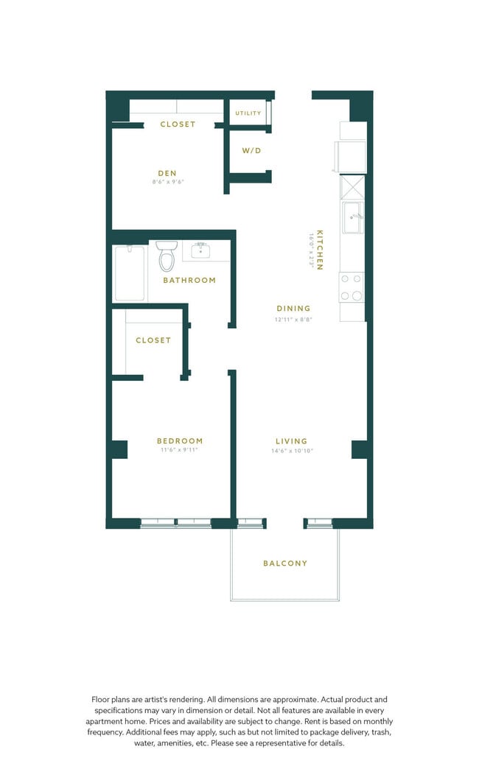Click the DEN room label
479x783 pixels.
coord(167,174)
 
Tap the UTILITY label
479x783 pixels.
coord(248,113)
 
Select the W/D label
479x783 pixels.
coord(251,151)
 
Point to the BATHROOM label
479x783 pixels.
coord(189,281)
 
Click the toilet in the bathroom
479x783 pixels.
coord(167,256)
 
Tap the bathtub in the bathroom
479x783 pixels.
coord(130,273)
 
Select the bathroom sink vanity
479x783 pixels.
coord(200,251)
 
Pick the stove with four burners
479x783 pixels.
coord(352,287)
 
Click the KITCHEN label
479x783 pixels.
coord(319,249)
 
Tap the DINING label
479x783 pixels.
coord(293,309)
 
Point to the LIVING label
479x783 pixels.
coord(292,441)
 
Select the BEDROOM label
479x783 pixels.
coord(180,441)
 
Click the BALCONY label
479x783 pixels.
coord(285,563)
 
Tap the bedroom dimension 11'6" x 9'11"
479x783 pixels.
coord(180,450)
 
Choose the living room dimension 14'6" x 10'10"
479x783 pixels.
coord(292,450)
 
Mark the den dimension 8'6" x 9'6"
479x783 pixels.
coord(167,182)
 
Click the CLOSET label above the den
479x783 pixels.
coord(178,124)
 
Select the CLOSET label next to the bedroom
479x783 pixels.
coord(153,340)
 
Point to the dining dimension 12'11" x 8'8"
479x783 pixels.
coord(293,320)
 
